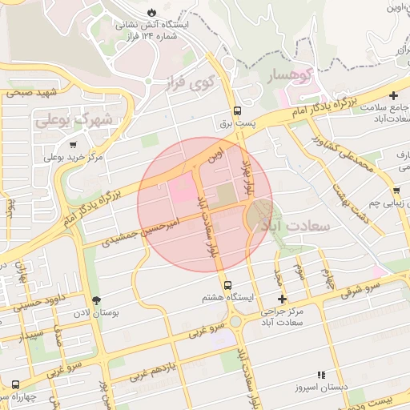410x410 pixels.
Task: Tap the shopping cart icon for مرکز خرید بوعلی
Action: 74,146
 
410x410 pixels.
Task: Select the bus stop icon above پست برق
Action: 237,111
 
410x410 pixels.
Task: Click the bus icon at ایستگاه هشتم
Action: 228,285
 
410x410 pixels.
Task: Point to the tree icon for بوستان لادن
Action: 97,301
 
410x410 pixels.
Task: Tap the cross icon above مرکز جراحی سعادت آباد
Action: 281,299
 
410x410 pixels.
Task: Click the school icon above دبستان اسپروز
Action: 321,374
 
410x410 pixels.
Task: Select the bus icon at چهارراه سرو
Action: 15,386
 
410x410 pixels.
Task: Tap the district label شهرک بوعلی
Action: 76,121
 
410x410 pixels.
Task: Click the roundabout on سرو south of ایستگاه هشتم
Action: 235,322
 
